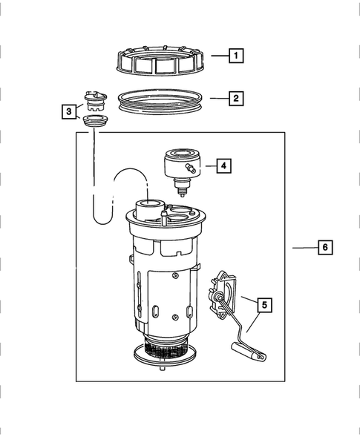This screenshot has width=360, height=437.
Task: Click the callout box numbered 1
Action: (235, 56)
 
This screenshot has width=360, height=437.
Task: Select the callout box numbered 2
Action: (235, 97)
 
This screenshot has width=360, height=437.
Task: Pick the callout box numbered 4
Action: (223, 167)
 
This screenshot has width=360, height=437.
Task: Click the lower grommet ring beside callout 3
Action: (94, 120)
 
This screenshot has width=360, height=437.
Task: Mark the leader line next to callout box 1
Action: (218, 56)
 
